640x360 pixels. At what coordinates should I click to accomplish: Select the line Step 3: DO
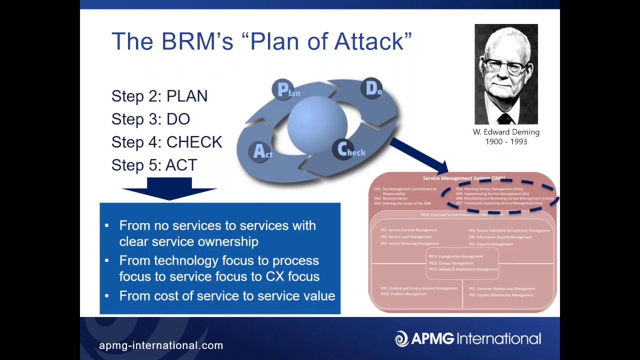pos(150,119)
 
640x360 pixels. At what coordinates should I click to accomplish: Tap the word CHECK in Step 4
pos(194,142)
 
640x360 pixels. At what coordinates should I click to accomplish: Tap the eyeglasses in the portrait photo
pos(504,65)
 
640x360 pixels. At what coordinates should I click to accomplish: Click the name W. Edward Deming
pos(506,132)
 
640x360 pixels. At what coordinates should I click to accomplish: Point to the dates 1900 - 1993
pos(506,141)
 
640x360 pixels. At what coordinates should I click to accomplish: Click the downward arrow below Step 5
pos(169,193)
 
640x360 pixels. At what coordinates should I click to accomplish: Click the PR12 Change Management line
pos(451,263)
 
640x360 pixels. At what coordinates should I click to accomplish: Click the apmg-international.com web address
pos(161,345)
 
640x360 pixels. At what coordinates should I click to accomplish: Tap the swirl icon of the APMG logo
pos(401,338)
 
